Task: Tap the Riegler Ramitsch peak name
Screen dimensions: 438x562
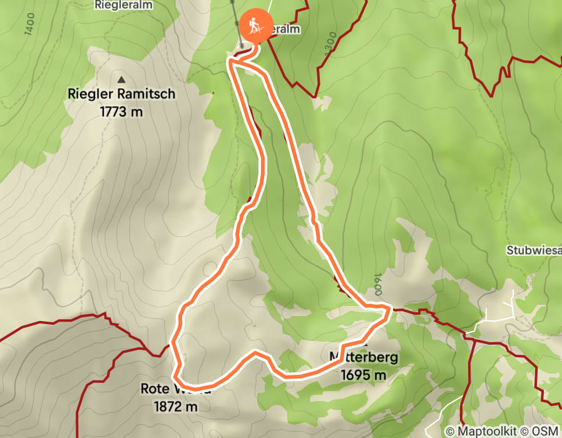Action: [x=121, y=95]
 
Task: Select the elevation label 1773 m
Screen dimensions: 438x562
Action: [x=121, y=112]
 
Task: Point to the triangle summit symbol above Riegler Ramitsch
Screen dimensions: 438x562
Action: [x=121, y=79]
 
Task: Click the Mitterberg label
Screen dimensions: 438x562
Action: [x=363, y=358]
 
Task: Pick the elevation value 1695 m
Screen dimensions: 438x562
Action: [x=363, y=375]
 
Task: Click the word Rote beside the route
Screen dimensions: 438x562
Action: [x=154, y=389]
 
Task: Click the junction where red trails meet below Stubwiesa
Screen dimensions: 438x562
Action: [x=466, y=335]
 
